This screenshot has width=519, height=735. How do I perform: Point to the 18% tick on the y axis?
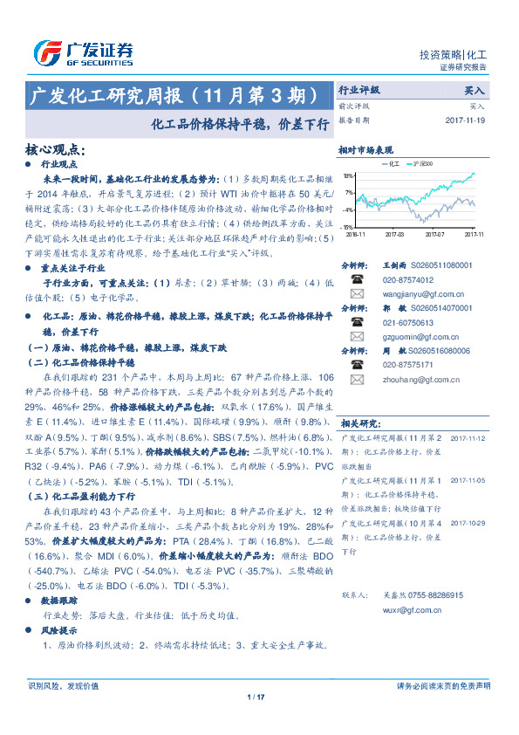348,175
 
